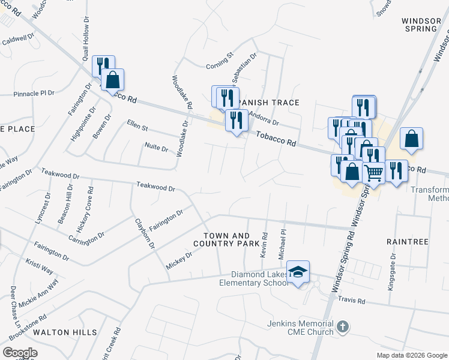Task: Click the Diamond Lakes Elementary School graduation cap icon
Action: tap(298, 272)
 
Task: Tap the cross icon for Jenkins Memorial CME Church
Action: tap(342, 328)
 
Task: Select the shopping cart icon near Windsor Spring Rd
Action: tap(373, 173)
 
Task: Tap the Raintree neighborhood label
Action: tap(408, 242)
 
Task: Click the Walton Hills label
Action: tap(65, 332)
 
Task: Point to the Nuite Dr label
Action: tap(157, 146)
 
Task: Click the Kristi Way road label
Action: tap(39, 266)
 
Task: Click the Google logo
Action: tap(20, 353)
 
